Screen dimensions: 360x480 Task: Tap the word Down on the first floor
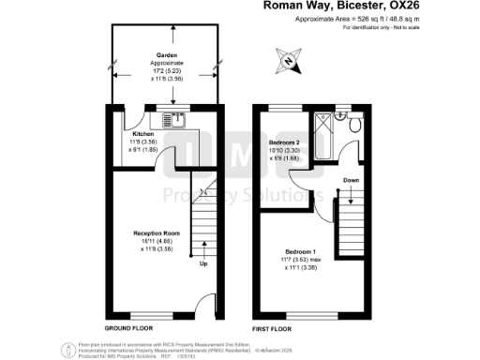pos(350,181)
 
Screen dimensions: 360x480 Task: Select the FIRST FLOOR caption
pos(272,329)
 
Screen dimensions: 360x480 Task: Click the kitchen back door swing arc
pos(136,119)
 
